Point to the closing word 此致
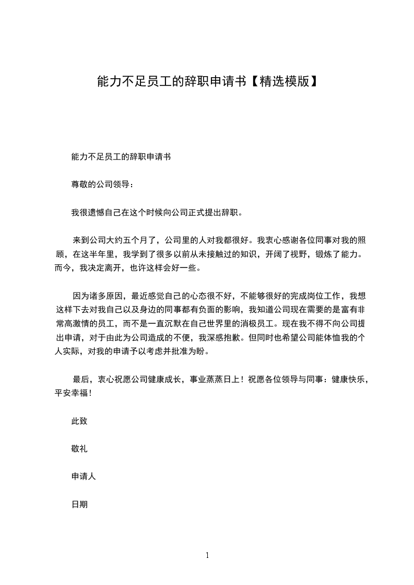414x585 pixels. (x=79, y=421)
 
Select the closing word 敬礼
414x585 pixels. (x=79, y=449)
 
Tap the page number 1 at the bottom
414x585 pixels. (x=207, y=556)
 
